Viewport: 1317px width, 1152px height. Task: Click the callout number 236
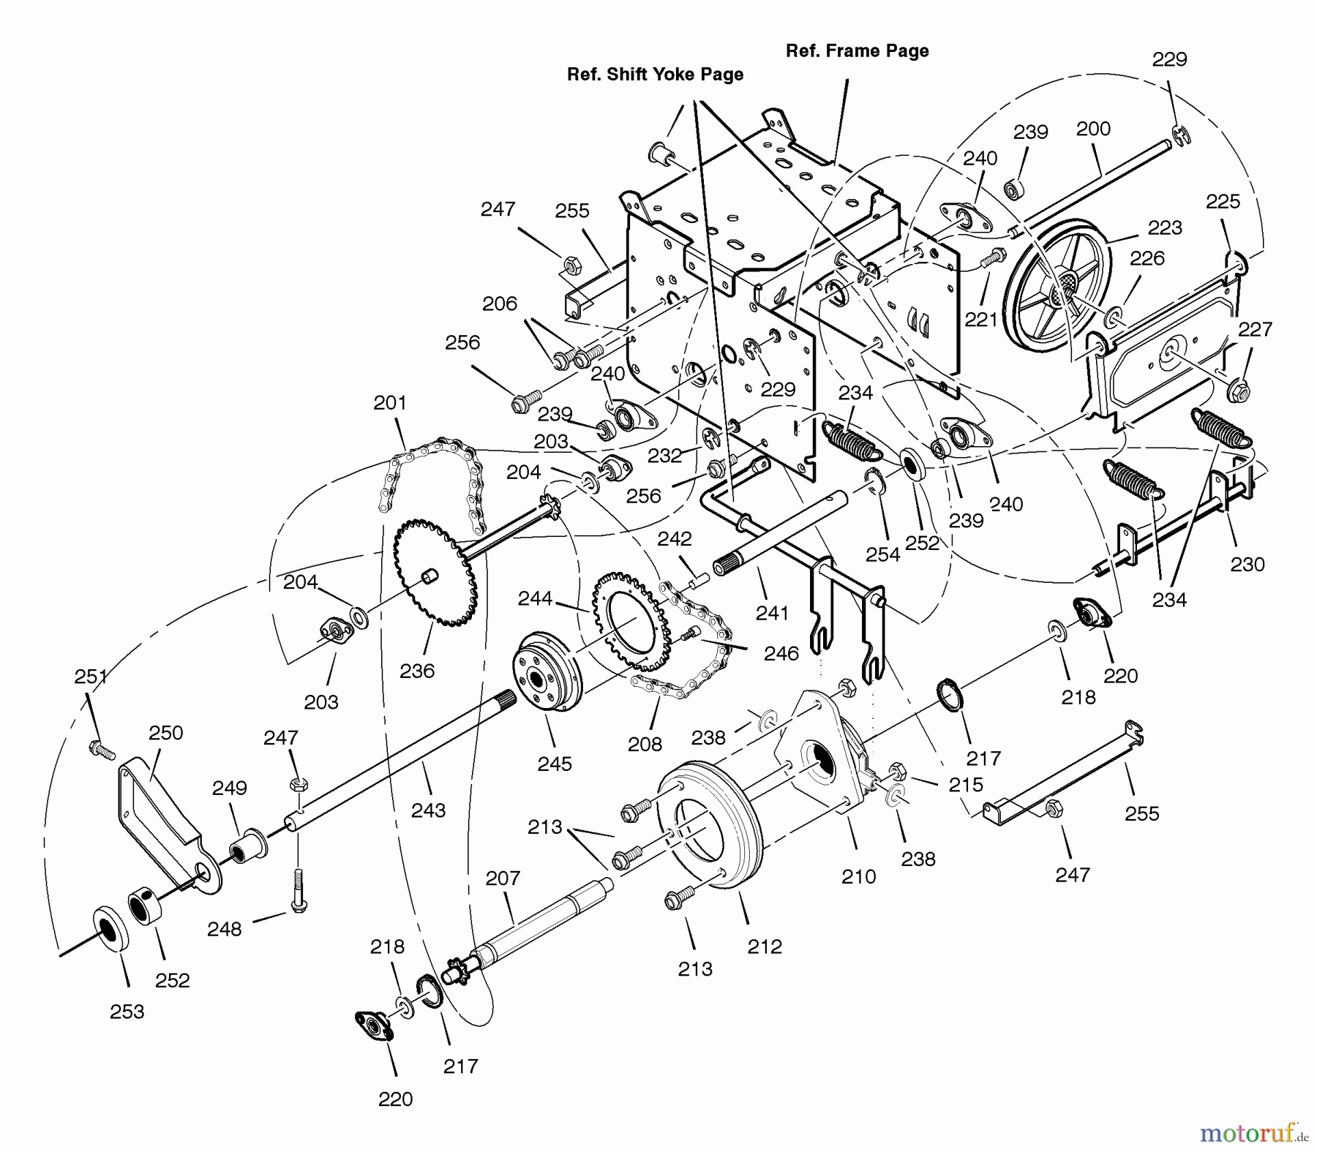pyautogui.click(x=417, y=671)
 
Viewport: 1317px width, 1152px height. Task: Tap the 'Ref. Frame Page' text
pyautogui.click(x=857, y=51)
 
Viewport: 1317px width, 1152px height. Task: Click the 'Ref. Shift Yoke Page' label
pyautogui.click(x=655, y=75)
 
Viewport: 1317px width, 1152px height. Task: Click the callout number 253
pyautogui.click(x=127, y=1012)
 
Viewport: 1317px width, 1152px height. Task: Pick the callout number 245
pyautogui.click(x=554, y=764)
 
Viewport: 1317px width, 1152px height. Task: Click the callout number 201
pyautogui.click(x=389, y=403)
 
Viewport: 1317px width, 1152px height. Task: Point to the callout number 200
pyautogui.click(x=1093, y=129)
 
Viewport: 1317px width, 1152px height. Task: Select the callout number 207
pyautogui.click(x=503, y=878)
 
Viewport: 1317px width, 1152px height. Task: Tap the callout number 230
pyautogui.click(x=1247, y=565)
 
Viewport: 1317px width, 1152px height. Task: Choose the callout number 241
pyautogui.click(x=772, y=613)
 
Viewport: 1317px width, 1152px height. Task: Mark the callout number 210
pyautogui.click(x=858, y=876)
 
